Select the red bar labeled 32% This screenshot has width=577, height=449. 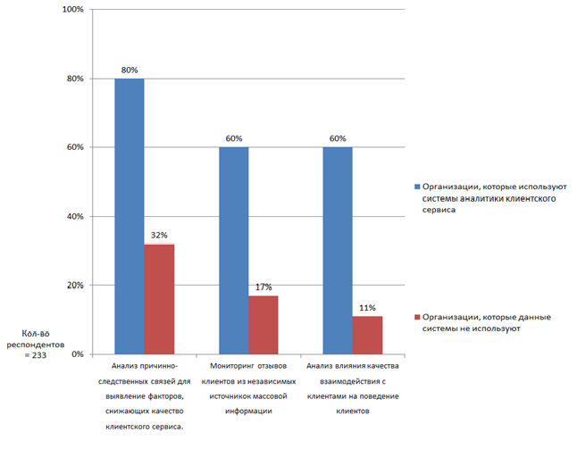click(159, 299)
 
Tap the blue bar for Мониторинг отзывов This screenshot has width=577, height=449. click(234, 250)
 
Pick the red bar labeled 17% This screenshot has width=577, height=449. click(263, 325)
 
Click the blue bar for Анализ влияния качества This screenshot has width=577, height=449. click(338, 250)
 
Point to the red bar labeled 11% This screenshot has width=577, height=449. click(367, 335)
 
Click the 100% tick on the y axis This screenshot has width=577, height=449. click(72, 10)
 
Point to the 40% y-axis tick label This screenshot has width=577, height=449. click(74, 217)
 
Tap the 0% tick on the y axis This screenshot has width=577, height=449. click(77, 354)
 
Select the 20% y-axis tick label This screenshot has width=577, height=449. click(74, 286)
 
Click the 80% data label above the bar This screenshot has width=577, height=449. click(130, 69)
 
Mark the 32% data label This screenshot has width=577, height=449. click(160, 235)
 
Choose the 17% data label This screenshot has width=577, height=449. click(264, 287)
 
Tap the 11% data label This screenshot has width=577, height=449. click(368, 307)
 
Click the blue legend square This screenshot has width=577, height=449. click(416, 186)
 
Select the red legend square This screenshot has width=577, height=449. click(416, 317)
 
